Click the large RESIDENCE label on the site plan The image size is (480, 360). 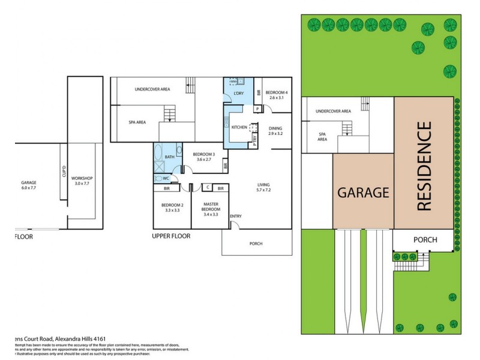[424, 166]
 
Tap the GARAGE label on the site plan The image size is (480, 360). [363, 193]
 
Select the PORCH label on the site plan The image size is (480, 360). [425, 240]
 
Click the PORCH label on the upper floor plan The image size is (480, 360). [256, 243]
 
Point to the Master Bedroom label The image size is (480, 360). [211, 207]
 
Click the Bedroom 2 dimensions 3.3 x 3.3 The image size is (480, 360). [172, 211]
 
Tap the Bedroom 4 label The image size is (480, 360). [277, 92]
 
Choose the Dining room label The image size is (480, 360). [275, 128]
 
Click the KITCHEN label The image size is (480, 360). [239, 127]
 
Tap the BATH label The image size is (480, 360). [170, 157]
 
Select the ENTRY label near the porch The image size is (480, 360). [236, 216]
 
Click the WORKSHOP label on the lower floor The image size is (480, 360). [81, 178]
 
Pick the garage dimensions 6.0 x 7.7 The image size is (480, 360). [29, 187]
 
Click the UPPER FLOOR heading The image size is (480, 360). [171, 236]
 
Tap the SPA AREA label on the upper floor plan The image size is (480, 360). [137, 122]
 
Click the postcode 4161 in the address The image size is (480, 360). [90, 338]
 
